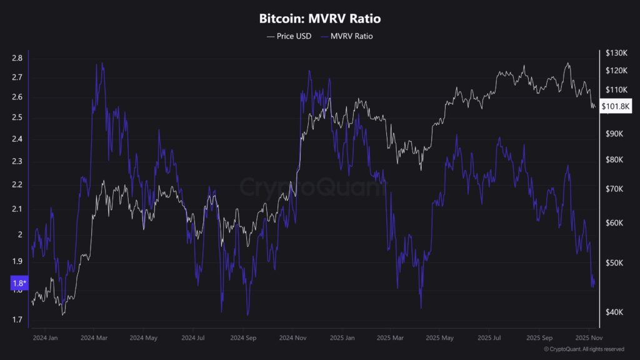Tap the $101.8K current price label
click(616, 106)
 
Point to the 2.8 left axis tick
click(17, 58)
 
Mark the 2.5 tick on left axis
click(17, 117)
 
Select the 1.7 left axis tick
click(17, 320)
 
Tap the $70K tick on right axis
click(614, 188)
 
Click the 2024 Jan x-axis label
click(44, 337)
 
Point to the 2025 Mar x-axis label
click(391, 337)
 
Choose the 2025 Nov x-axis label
click(588, 337)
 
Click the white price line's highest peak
click(567, 62)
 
